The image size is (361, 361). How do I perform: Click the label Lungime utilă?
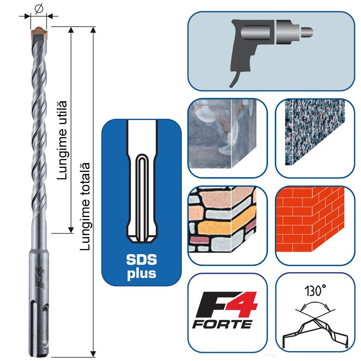[63, 139]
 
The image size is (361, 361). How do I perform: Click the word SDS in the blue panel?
[141, 261]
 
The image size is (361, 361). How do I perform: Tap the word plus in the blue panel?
[141, 273]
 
